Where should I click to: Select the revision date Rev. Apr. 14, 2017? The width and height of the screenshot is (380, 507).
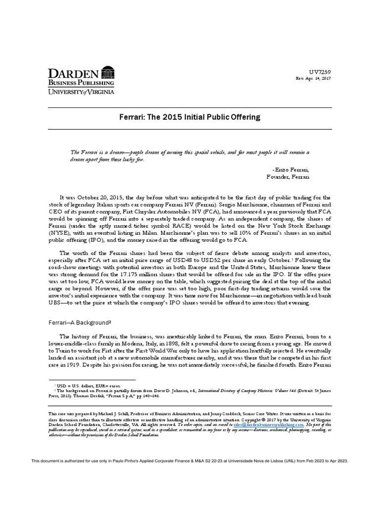point(313,79)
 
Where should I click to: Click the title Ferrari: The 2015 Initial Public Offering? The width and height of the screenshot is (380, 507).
point(190,117)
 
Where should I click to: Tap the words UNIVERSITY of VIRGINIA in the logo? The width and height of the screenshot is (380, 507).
point(81,92)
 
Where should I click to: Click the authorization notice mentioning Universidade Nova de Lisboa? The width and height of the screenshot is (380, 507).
point(190,460)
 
